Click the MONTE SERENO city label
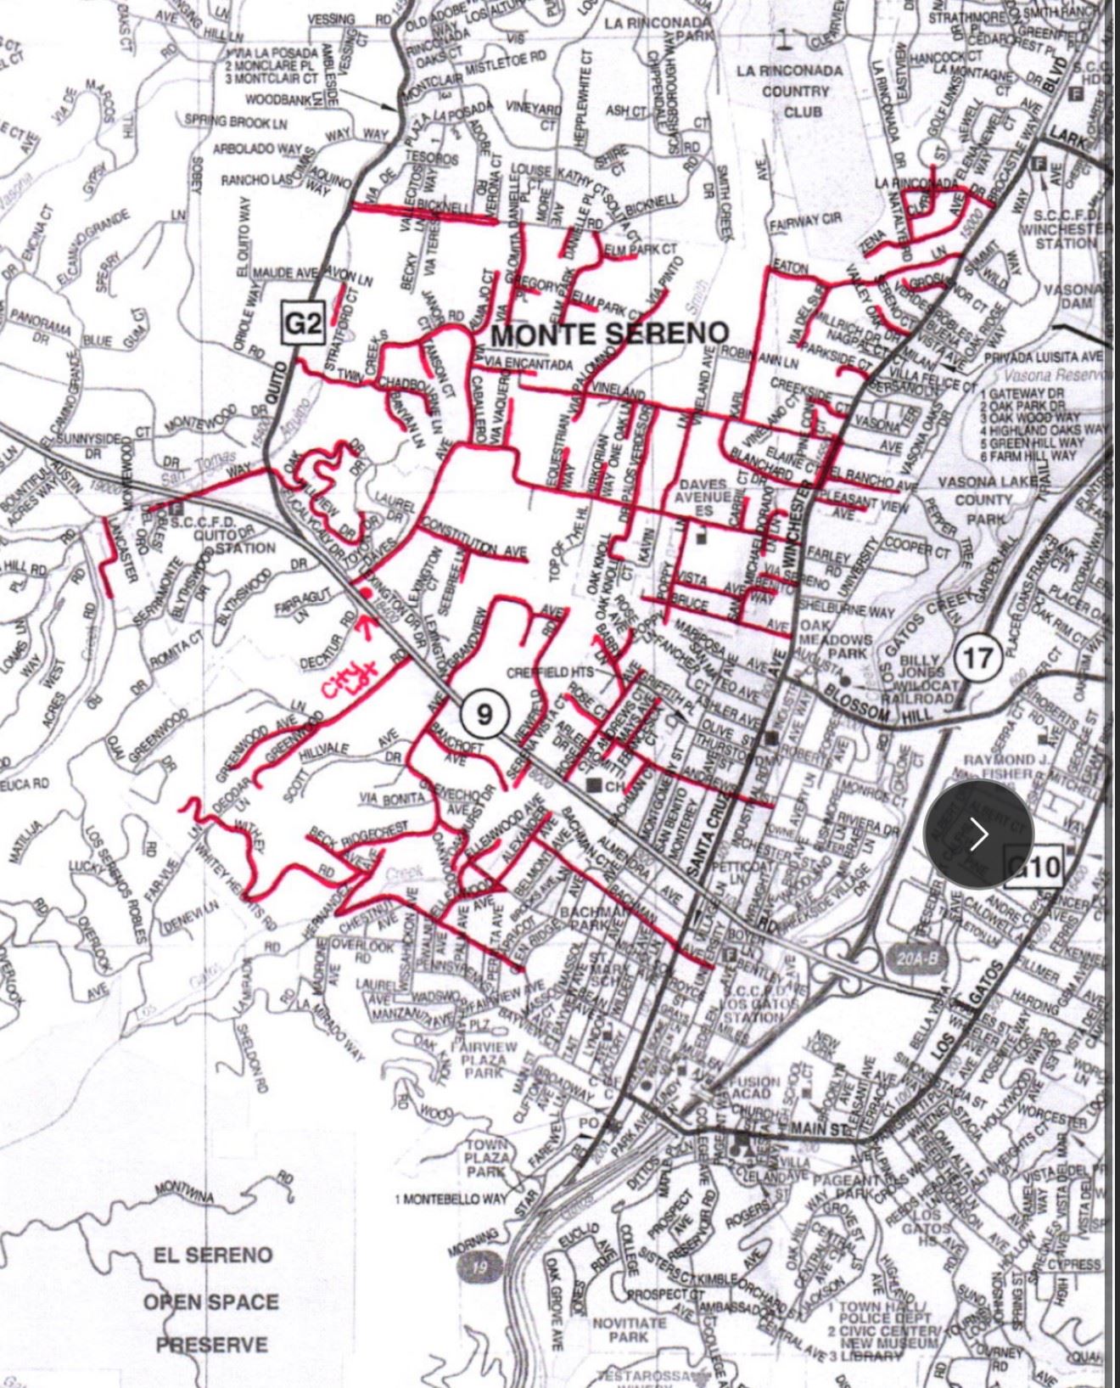tap(610, 334)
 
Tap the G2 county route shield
tap(303, 323)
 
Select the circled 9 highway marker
tap(484, 714)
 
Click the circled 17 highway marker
tap(977, 658)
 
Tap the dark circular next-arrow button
tap(978, 834)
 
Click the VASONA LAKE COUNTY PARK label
tap(983, 500)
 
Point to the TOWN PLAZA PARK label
tap(487, 1158)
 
